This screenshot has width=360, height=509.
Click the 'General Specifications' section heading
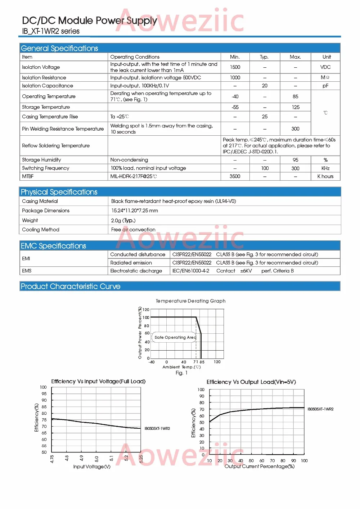coord(59,48)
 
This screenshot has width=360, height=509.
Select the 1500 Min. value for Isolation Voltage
coord(235,67)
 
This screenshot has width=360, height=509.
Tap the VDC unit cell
coord(325,67)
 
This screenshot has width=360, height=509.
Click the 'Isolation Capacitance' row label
coord(48,86)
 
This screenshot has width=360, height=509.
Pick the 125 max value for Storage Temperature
coord(296,107)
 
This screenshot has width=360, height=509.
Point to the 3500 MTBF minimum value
coord(235,176)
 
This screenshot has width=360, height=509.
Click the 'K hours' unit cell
coord(325,176)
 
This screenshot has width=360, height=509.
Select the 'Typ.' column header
coord(265,57)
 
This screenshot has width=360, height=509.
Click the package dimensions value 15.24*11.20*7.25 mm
coord(135,211)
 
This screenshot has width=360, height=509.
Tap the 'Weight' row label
coord(30,220)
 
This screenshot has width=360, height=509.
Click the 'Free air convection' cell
coord(133,230)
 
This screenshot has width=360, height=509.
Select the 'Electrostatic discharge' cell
coord(136,271)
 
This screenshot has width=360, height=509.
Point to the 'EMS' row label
coord(27,271)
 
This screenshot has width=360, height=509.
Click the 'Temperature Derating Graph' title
coord(191,301)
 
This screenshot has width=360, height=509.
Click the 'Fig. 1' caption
coord(181,373)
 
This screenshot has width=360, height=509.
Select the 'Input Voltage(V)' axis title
coord(92,467)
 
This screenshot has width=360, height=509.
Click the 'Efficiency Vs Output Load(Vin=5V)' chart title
coord(251,382)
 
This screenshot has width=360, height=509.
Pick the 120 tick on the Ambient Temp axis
coord(217,362)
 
